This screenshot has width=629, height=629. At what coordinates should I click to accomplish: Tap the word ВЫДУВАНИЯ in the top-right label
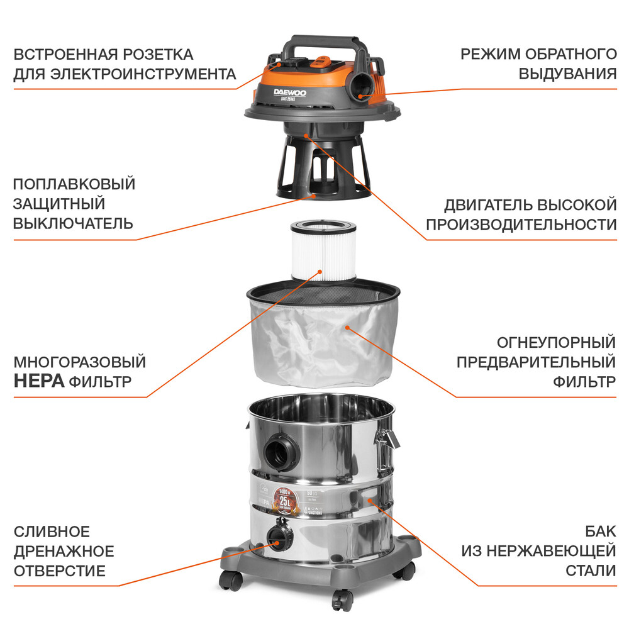[567, 74]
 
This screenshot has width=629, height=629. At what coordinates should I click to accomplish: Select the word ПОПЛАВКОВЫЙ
[74, 184]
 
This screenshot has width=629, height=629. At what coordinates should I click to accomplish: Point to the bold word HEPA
[39, 381]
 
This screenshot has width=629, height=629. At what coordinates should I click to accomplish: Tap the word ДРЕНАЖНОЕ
[64, 552]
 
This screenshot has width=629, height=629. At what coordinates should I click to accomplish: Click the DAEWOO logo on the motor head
[291, 95]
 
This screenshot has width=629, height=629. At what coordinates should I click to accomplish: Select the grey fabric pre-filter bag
[321, 340]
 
